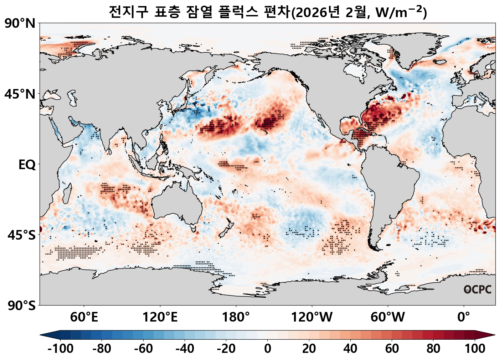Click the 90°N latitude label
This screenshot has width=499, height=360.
point(20,24)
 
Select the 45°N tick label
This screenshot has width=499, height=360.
point(20,94)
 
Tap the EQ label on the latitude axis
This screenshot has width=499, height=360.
point(27,165)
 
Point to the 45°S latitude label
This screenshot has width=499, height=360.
point(21,235)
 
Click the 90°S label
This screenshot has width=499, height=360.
point(21,306)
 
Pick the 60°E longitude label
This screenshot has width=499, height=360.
point(84,317)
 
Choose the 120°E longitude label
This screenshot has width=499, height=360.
point(160,317)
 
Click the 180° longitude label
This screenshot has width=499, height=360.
point(236,317)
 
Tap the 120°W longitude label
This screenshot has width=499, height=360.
point(312,317)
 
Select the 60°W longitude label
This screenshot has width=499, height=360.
point(387,317)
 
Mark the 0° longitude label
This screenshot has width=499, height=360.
point(463,317)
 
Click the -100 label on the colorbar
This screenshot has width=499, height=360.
point(60,349)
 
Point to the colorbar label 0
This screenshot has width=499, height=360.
point(267,349)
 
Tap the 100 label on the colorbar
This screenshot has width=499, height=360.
point(475,349)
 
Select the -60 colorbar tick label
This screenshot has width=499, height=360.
point(143,349)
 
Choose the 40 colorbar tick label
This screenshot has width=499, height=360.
point(350,349)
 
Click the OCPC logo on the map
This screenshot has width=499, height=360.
point(477,289)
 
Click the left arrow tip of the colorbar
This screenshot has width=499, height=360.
point(41,335)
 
